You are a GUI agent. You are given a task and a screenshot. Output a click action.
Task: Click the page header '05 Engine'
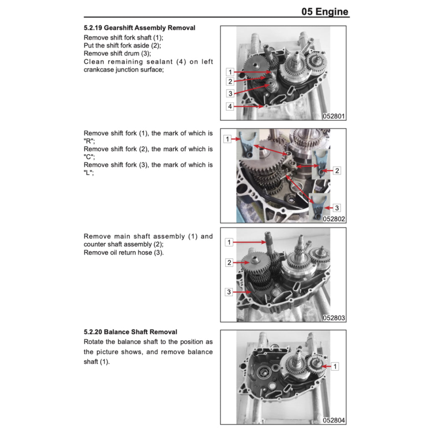325,11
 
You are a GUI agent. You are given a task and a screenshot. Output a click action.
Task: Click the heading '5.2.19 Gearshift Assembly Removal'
139,28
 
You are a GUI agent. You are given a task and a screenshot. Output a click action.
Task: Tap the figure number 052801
334,117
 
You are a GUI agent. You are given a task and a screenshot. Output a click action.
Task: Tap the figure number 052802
334,219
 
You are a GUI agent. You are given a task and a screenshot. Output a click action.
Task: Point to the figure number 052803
334,318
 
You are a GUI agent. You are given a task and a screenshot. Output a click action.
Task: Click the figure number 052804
334,420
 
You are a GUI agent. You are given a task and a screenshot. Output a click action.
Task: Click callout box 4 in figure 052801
229,107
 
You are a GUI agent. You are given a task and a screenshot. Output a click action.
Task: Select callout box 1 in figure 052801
229,72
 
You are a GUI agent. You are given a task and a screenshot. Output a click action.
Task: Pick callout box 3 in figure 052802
338,208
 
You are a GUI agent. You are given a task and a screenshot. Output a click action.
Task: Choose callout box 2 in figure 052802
337,171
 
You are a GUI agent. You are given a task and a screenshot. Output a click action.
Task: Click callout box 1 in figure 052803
229,242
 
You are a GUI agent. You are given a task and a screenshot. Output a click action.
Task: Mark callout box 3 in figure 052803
229,292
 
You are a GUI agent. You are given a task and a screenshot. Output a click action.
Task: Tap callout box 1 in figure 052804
335,367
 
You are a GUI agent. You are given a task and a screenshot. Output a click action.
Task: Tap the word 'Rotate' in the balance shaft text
94,341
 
